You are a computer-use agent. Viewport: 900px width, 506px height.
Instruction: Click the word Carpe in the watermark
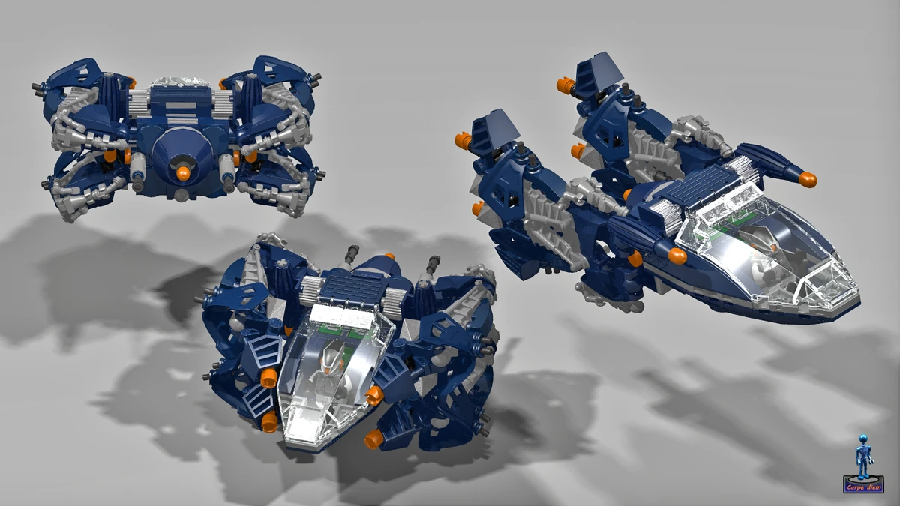[x=855, y=487]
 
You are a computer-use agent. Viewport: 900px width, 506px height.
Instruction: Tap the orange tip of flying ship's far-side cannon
[x=807, y=179]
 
